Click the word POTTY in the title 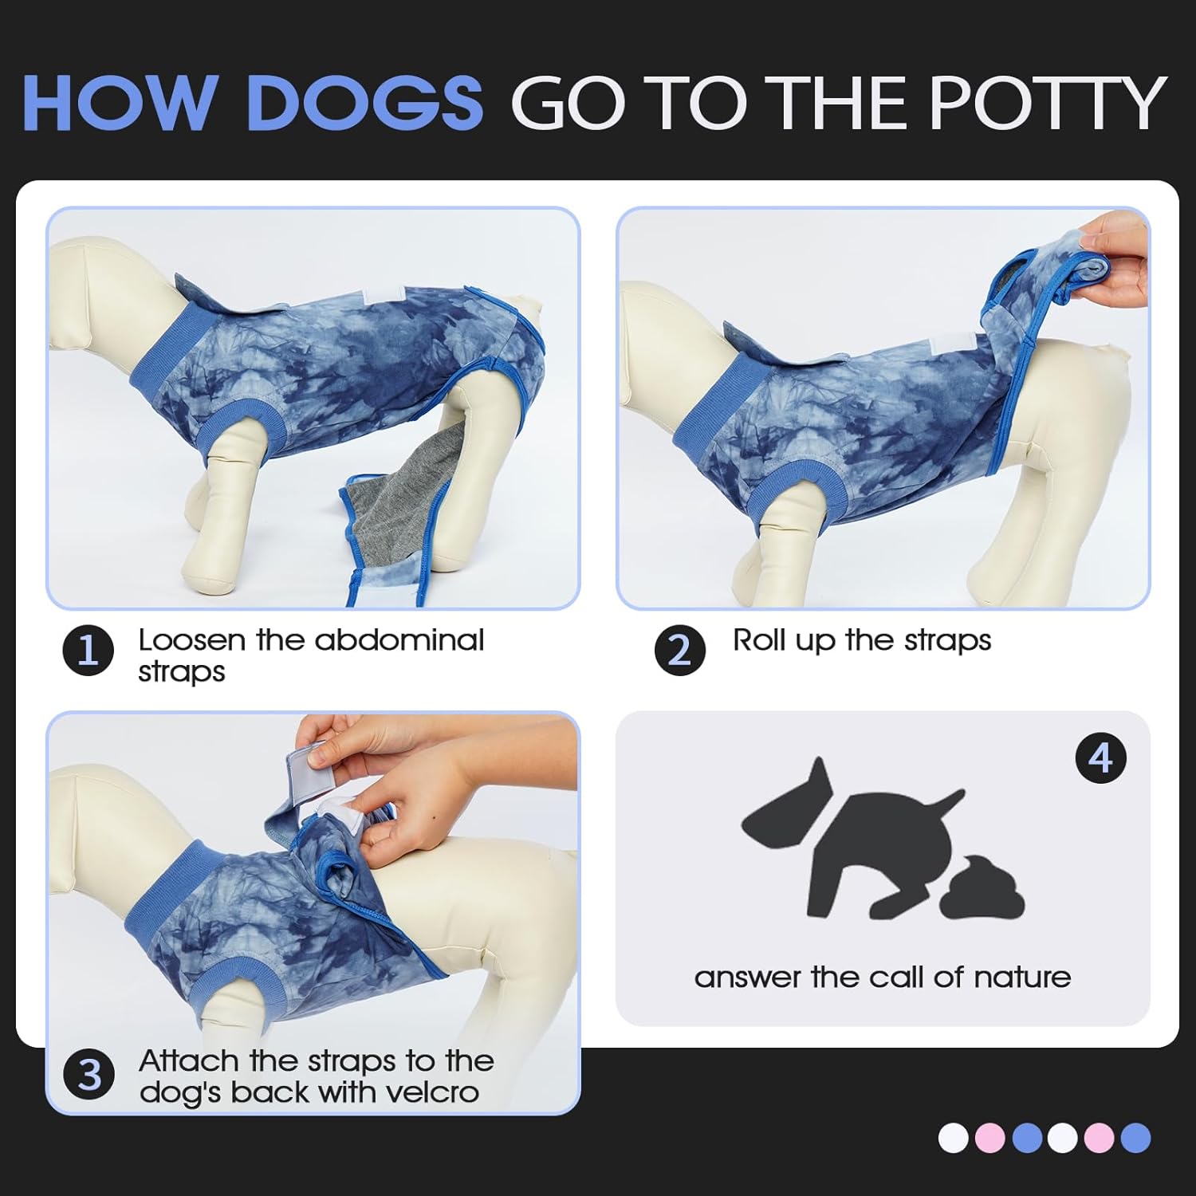[x=1048, y=103]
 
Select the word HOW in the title [x=120, y=103]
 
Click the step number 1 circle [x=88, y=651]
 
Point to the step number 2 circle [x=679, y=651]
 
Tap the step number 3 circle [x=90, y=1075]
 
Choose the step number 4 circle [x=1100, y=757]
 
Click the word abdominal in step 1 [x=399, y=640]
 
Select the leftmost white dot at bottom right [x=953, y=1138]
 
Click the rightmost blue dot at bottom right [x=1135, y=1138]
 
